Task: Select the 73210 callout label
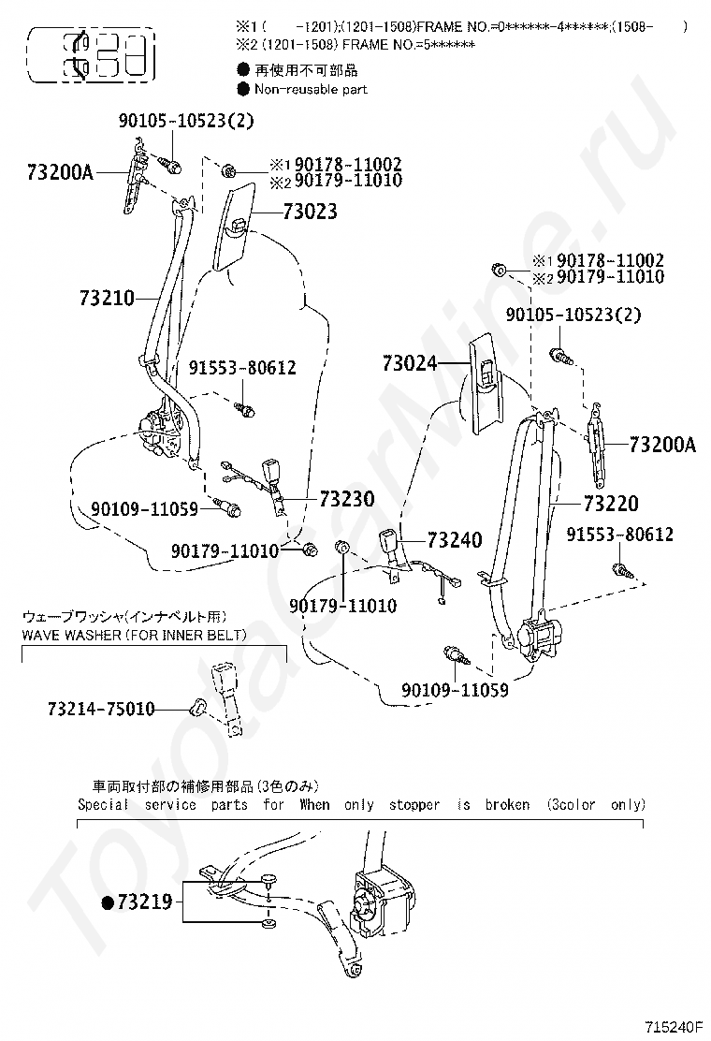click(x=107, y=299)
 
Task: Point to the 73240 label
click(x=455, y=540)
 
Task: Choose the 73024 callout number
click(x=410, y=363)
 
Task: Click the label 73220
click(x=611, y=505)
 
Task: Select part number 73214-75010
click(x=101, y=709)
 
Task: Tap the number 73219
click(x=144, y=902)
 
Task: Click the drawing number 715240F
click(x=673, y=1028)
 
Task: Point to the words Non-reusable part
click(x=310, y=89)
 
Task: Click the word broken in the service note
click(x=507, y=804)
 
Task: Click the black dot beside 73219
click(x=108, y=902)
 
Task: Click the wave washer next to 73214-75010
click(x=196, y=706)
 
